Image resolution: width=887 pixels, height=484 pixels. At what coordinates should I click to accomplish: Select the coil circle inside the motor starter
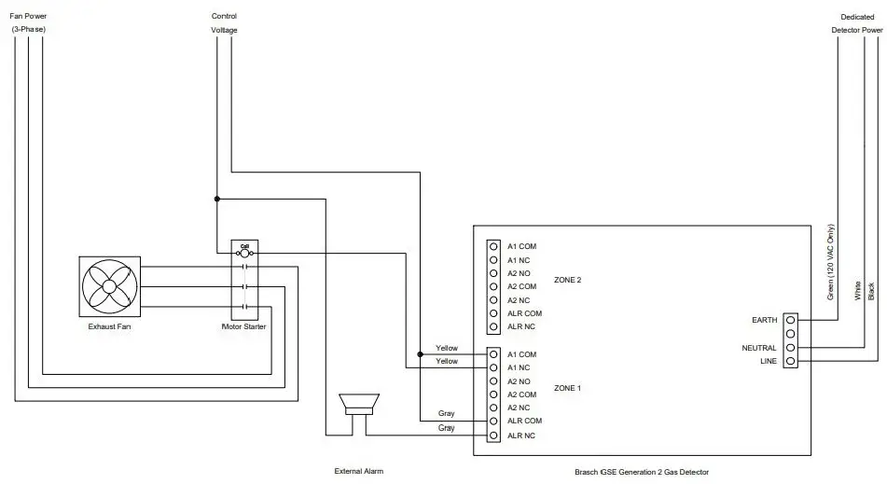coord(244,253)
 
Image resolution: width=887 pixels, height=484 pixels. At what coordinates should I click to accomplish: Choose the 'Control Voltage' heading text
coord(224,22)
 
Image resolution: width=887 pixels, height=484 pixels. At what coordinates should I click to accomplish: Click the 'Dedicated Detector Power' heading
coord(857,22)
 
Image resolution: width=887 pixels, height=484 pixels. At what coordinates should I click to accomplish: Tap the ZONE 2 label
coord(567,280)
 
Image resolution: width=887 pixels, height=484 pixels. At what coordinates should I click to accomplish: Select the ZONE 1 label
coord(567,388)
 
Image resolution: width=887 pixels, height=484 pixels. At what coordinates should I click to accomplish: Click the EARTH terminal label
coord(764,320)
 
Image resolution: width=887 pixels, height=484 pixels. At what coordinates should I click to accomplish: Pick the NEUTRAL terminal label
coord(760,348)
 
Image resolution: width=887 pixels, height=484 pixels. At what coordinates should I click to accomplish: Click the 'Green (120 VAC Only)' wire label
coord(831,262)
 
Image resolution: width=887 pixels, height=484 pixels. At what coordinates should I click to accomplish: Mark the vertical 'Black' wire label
coord(871,290)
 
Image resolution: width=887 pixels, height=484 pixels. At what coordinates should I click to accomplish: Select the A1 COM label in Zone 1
coord(521,354)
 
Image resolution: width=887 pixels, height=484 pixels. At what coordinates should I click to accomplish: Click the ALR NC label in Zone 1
coord(520,436)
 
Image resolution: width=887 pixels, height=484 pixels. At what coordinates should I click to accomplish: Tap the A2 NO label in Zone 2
coord(520,273)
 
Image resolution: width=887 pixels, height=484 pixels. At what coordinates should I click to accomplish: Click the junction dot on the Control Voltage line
coord(216,199)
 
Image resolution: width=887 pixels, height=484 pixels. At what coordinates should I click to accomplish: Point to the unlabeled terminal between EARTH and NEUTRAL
coord(790,334)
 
